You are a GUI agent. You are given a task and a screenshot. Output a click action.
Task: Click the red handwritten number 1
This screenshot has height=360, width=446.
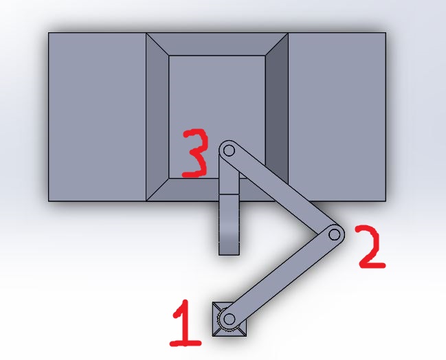[186, 324]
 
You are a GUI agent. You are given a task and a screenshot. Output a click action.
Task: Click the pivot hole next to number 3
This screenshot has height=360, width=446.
[229, 150]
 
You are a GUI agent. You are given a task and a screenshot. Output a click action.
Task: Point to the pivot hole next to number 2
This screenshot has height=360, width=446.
[335, 235]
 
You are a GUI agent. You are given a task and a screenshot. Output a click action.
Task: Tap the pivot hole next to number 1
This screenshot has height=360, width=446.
[229, 319]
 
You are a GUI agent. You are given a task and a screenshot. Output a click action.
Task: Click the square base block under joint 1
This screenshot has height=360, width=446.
[230, 319]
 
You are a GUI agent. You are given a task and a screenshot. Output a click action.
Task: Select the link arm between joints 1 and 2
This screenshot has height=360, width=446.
[282, 278]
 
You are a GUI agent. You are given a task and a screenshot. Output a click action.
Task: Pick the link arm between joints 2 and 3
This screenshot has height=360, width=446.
[282, 192]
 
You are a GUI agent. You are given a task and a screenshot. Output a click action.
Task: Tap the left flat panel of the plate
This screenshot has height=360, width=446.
[97, 117]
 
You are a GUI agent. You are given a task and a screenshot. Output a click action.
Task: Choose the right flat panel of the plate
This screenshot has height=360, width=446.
[337, 117]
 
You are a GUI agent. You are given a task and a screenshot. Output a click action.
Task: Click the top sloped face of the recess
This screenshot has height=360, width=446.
[217, 44]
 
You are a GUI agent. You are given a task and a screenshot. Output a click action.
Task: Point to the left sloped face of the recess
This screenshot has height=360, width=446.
[157, 117]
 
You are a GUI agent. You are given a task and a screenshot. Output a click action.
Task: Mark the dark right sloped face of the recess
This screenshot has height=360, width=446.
[277, 117]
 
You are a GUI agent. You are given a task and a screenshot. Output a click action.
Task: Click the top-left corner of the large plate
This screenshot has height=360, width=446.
[48, 33]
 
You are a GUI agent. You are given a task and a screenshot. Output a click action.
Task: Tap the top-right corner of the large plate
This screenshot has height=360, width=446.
[386, 33]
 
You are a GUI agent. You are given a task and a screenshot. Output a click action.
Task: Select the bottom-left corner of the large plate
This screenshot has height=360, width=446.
[48, 201]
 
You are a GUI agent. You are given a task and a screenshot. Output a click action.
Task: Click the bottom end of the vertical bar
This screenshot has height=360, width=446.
[229, 255]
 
